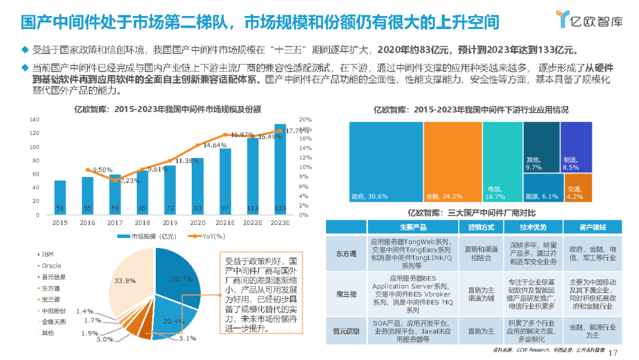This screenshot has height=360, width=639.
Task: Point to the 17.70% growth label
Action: point(298,130)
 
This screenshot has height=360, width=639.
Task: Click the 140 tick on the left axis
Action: point(34,119)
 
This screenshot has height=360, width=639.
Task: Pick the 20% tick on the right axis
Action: point(305,119)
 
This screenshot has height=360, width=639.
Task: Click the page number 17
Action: point(613,352)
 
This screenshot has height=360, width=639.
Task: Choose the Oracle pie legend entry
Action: point(51,266)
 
